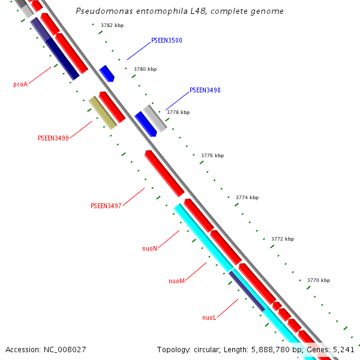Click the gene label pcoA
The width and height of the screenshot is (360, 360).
coord(20,85)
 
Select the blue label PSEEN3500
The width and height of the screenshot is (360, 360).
coord(167,41)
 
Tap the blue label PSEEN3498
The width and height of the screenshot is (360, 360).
coord(205,91)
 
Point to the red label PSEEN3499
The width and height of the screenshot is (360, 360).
coord(53,138)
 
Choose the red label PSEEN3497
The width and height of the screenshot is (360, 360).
coord(106,206)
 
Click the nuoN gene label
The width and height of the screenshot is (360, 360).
coord(149,248)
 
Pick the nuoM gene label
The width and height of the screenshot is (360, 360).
coord(176,281)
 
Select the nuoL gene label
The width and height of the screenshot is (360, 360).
coord(209,317)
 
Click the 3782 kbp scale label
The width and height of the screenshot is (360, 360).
coord(112,25)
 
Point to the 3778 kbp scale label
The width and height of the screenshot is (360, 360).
coord(178,112)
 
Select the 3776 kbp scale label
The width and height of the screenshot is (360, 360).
coord(212,155)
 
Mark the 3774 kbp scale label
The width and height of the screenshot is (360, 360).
coord(247,197)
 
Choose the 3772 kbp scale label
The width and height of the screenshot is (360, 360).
coord(282,239)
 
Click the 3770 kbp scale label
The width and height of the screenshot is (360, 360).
coord(318,280)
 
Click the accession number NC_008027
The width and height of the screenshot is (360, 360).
coord(65,349)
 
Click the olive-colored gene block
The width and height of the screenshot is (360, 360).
coord(102,113)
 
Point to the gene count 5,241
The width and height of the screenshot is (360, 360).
coord(344,349)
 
